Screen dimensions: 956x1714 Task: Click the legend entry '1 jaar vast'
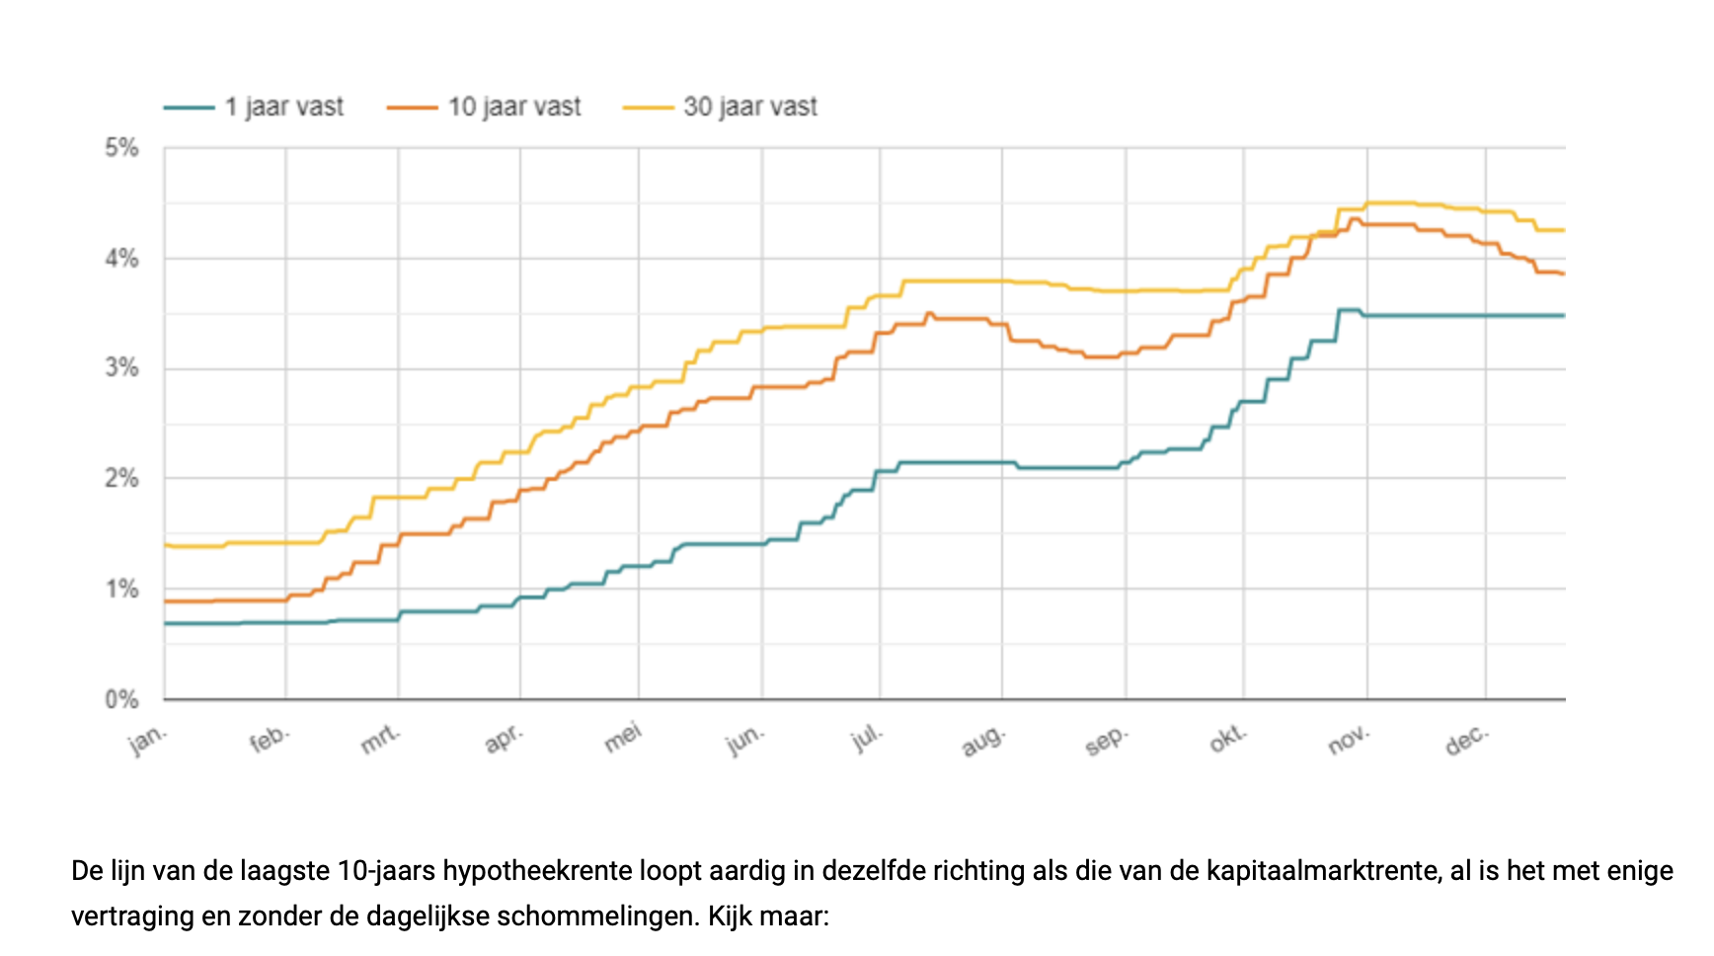coord(283,107)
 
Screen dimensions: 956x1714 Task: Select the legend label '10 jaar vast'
coord(514,107)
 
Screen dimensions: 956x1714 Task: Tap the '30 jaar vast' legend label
coord(750,107)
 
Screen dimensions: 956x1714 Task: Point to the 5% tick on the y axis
coord(121,148)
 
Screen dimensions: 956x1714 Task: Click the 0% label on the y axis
coord(121,700)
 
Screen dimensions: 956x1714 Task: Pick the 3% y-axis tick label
coord(121,368)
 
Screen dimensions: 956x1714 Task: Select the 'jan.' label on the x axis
coord(149,739)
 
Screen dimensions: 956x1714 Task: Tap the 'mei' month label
coord(623,737)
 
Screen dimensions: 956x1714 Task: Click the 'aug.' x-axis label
coord(983,740)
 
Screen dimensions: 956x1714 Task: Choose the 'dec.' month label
coord(1466,739)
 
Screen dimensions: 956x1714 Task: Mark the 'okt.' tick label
coord(1228,739)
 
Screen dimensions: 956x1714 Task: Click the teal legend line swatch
coord(189,108)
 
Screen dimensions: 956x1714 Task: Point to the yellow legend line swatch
coord(648,108)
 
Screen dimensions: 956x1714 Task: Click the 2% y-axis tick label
coord(121,479)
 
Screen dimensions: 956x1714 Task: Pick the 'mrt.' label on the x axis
coord(381,739)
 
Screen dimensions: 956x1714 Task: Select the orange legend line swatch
coord(412,108)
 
